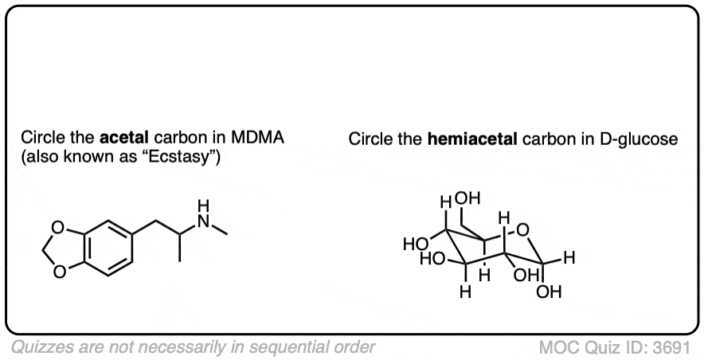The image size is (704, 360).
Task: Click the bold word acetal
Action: point(123,138)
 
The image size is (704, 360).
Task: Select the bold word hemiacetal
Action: point(472,139)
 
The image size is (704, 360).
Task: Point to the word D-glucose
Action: point(639,140)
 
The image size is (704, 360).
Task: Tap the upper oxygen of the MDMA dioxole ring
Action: point(57,227)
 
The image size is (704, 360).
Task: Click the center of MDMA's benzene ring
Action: point(108,248)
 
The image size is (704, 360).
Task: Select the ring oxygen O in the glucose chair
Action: point(522,230)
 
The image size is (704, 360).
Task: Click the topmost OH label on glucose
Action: point(467,198)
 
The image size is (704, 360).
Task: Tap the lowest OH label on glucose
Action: point(549,292)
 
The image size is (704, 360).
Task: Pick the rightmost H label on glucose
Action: point(569,258)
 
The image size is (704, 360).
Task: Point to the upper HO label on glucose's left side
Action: point(415,245)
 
